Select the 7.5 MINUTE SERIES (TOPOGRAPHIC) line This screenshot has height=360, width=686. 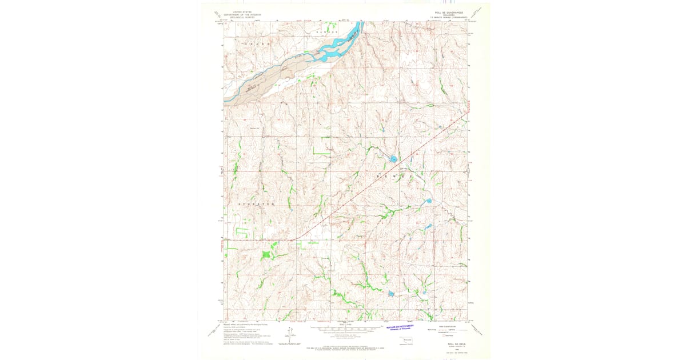point(448,18)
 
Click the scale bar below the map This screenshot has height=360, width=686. point(345,329)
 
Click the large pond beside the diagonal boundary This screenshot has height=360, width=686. point(394,159)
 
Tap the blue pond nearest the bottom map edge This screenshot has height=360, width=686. point(391,294)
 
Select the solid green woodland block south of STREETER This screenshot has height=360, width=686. point(266,255)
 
